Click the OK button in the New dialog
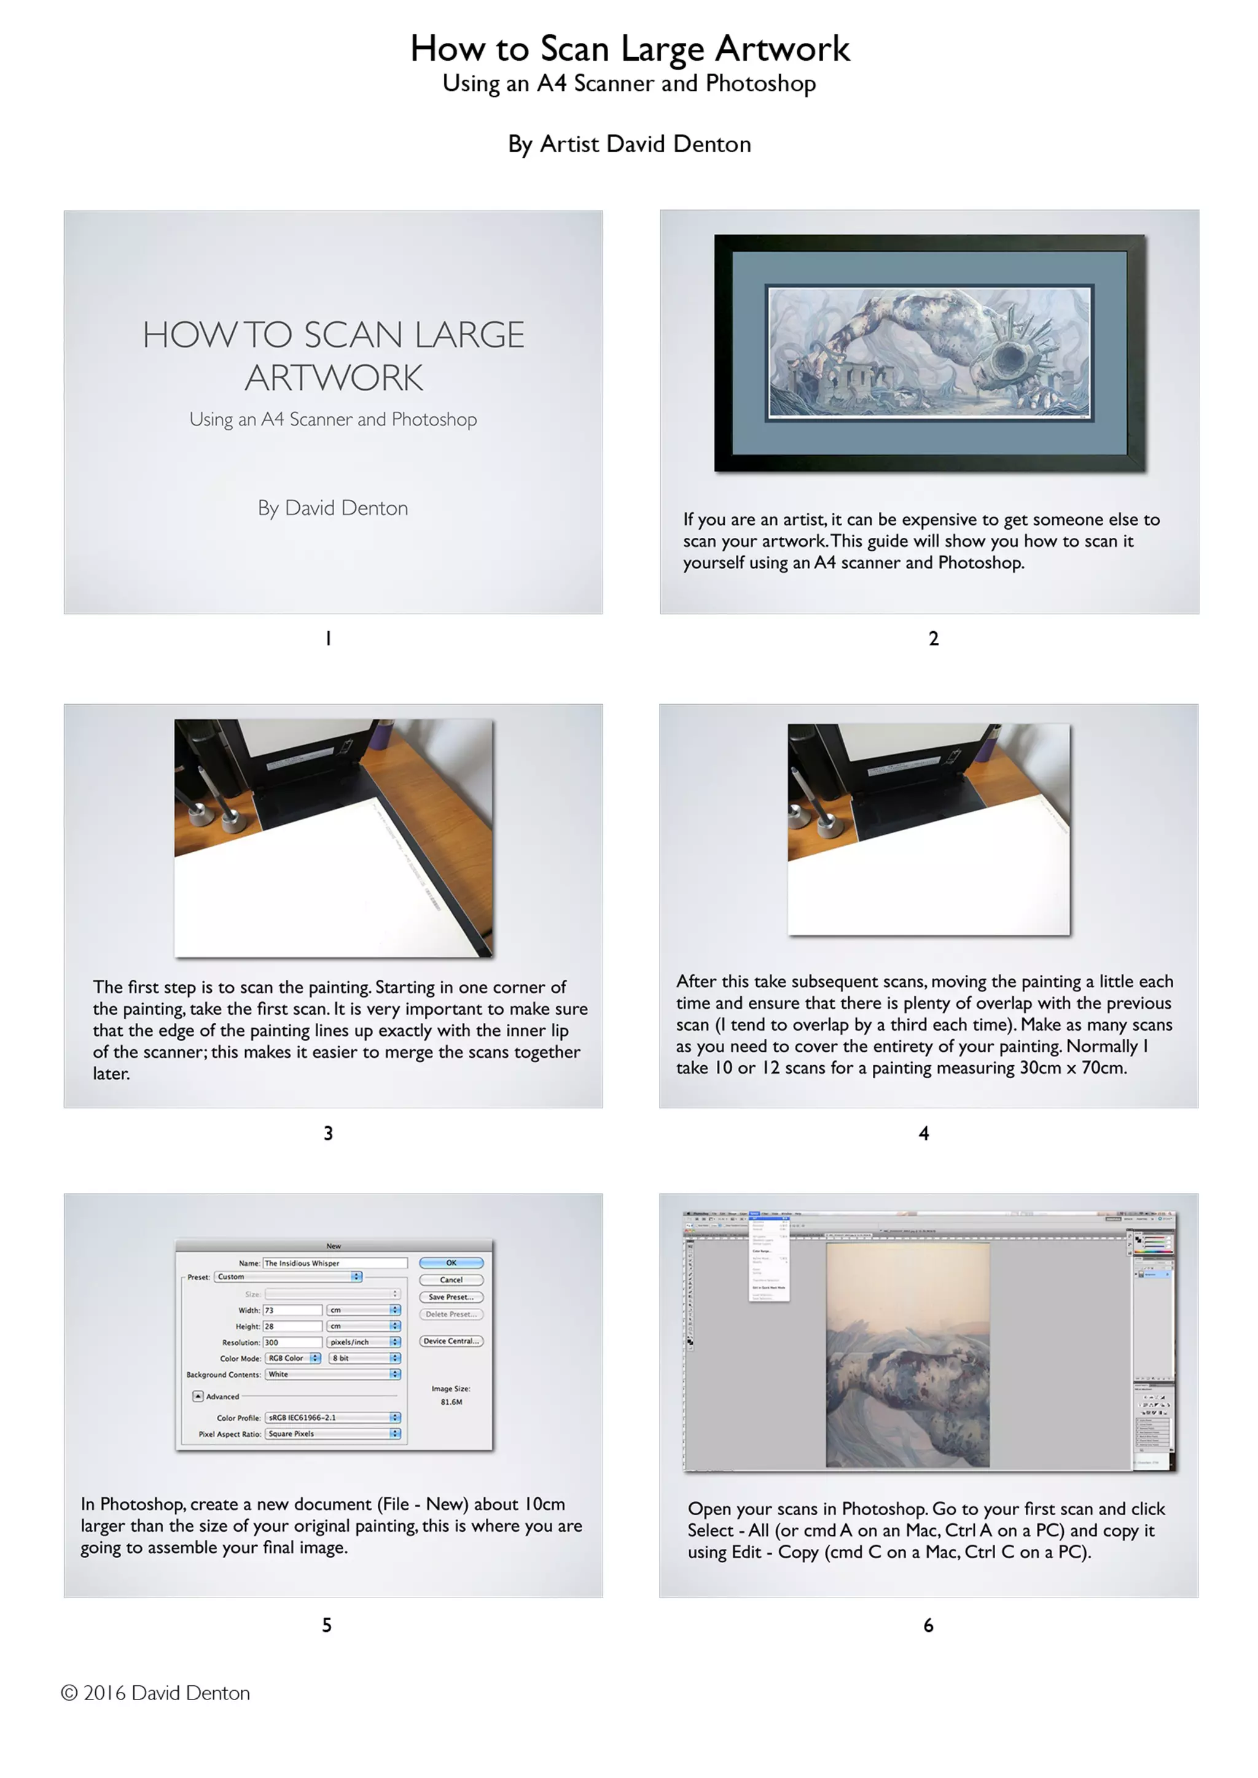pyautogui.click(x=451, y=1262)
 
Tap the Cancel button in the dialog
pyautogui.click(x=451, y=1280)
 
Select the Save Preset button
pyautogui.click(x=451, y=1297)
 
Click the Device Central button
pyautogui.click(x=451, y=1341)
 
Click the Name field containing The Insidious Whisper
pyautogui.click(x=334, y=1263)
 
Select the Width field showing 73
pyautogui.click(x=292, y=1310)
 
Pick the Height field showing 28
pyautogui.click(x=292, y=1327)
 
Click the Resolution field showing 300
pyautogui.click(x=292, y=1343)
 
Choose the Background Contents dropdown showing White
pyautogui.click(x=332, y=1375)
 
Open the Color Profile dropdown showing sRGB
pyautogui.click(x=332, y=1418)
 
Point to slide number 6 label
pyautogui.click(x=928, y=1626)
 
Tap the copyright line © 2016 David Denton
pyautogui.click(x=155, y=1693)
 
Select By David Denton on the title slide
pyautogui.click(x=333, y=508)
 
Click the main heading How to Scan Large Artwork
pyautogui.click(x=629, y=49)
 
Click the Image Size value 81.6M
pyautogui.click(x=451, y=1402)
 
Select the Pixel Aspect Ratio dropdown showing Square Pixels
pyautogui.click(x=332, y=1434)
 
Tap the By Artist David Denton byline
pyautogui.click(x=629, y=144)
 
